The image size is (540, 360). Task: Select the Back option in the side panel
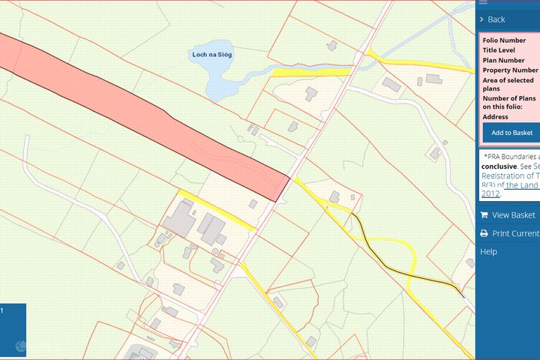coord(496,19)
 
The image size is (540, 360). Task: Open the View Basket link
coord(513,215)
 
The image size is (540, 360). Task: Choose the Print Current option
coord(515,233)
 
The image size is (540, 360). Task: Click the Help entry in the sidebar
coord(488,252)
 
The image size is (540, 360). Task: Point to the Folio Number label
coord(504,40)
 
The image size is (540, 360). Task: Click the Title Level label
coord(499,50)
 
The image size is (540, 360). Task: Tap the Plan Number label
coord(503,60)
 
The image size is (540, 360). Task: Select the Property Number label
coord(510,70)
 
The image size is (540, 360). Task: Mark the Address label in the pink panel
coord(496,117)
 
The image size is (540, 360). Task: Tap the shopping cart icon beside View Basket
coord(484,215)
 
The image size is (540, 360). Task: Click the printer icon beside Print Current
coord(484,233)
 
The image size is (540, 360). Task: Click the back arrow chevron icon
coord(482,19)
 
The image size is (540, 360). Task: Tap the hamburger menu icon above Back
coord(482,2)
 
